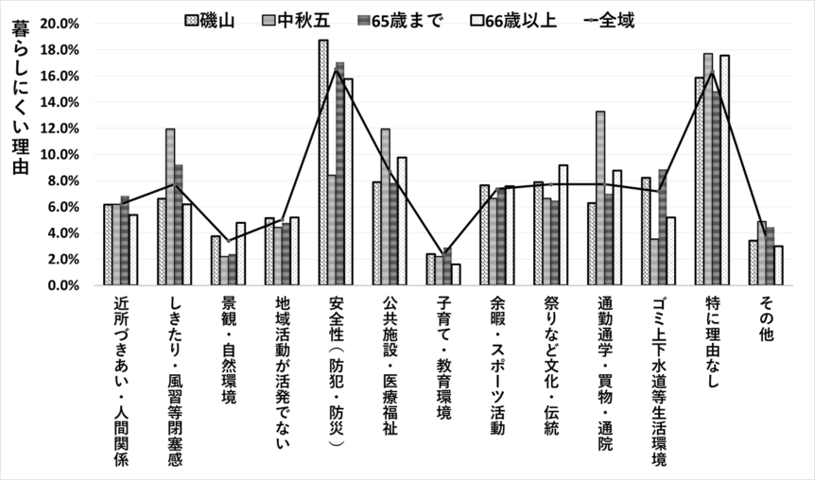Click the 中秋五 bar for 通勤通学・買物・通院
[600, 198]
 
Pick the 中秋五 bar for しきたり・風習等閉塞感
[170, 207]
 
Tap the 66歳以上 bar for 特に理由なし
[724, 170]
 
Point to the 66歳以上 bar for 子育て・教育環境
[457, 274]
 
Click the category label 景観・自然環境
[228, 351]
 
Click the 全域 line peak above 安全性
[336, 70]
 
